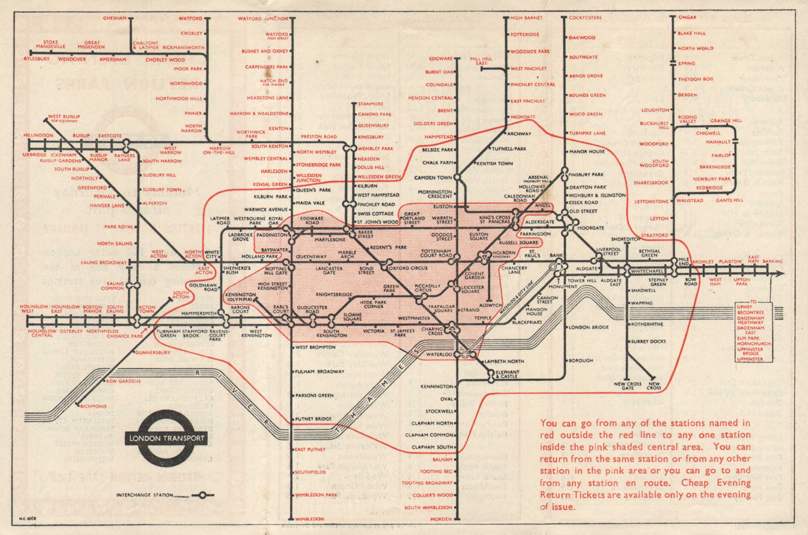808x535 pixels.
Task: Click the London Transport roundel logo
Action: coord(167,438)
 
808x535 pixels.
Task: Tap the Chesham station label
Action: coord(115,18)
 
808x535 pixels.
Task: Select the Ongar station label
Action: coord(687,17)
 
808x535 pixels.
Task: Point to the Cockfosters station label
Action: coord(585,18)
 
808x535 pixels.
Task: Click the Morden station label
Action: coord(441,519)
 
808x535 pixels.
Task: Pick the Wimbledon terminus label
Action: coord(310,519)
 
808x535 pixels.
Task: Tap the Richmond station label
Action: coord(93,406)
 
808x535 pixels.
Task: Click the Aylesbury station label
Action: coord(37,59)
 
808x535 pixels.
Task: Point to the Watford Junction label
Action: coord(263,19)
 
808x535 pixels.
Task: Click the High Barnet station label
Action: coord(526,18)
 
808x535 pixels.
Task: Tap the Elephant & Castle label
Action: coord(507,374)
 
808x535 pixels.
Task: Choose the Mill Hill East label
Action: coord(481,61)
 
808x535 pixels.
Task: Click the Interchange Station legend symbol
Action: coord(203,495)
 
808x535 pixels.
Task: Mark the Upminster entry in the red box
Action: coord(750,359)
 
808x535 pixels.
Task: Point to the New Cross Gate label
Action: coord(628,386)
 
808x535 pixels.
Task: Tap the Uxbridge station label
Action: coord(34,155)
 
